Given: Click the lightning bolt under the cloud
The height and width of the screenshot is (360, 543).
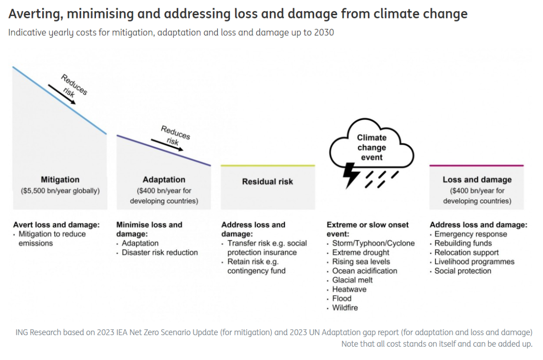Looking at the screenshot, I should (352, 175).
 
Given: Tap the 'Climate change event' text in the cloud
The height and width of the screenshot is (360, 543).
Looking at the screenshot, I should (372, 147).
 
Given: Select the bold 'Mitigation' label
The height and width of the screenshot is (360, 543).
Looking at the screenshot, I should (60, 180).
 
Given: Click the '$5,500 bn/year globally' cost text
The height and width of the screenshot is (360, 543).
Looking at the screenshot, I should (60, 190).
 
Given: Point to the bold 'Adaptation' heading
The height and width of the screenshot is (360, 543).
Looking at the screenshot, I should (164, 180).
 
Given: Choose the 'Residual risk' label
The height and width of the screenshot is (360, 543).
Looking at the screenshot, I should (267, 182).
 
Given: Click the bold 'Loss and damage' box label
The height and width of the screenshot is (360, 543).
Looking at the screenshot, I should (477, 180).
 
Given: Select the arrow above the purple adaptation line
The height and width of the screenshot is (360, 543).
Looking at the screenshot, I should (167, 144).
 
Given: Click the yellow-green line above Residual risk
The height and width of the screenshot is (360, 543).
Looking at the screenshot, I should (268, 166).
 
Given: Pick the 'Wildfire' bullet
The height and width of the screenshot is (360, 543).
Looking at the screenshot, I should (345, 308).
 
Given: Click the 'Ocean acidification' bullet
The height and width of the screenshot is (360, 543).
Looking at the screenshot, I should (364, 271).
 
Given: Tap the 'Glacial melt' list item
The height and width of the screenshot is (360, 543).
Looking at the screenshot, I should (352, 280).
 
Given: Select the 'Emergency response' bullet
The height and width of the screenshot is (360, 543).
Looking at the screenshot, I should (470, 234).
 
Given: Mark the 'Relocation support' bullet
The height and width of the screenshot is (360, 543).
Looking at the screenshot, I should (466, 252).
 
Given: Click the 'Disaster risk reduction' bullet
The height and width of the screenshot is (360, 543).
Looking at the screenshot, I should (159, 252).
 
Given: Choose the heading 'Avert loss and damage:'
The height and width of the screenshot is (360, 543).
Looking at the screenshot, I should (56, 225).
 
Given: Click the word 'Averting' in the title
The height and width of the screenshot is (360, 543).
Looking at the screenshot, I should (34, 14).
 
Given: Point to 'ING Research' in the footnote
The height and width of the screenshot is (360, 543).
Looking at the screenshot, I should (38, 332).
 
